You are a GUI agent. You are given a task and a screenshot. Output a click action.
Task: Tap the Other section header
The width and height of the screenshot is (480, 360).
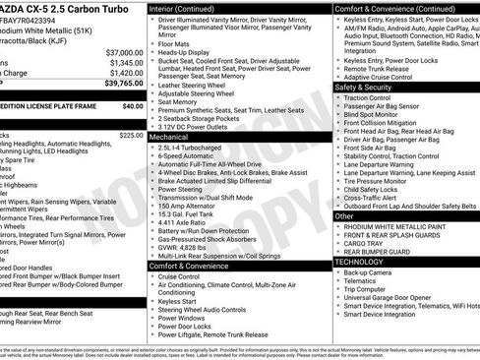point(344,215)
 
